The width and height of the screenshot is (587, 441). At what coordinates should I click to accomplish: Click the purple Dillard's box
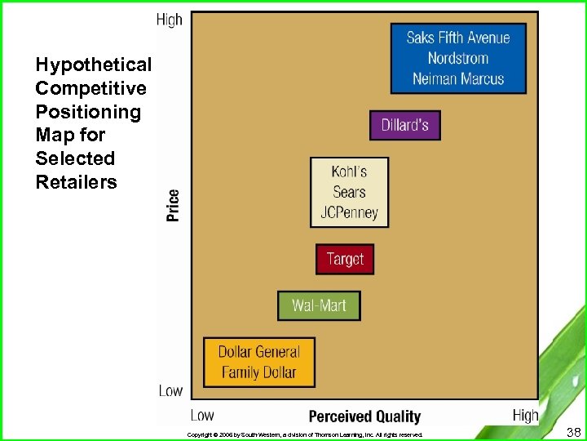(405, 126)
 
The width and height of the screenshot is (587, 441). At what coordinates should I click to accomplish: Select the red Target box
(345, 259)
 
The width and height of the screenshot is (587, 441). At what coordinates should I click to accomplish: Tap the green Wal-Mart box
(319, 305)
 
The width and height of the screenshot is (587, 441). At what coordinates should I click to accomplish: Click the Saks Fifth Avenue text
(457, 38)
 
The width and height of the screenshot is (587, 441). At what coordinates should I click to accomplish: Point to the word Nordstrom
(457, 58)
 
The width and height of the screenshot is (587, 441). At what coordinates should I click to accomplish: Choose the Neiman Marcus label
(457, 79)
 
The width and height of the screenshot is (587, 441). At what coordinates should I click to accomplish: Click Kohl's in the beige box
(349, 171)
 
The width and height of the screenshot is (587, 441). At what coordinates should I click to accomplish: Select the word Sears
(349, 193)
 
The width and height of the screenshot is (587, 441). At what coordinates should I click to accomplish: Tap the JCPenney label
(349, 213)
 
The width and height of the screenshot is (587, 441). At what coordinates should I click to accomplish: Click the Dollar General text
(258, 352)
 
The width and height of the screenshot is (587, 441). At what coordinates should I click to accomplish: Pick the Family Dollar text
(258, 372)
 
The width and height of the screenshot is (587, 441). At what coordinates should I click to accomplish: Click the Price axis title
(173, 205)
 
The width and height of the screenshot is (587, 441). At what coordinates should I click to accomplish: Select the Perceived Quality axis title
(364, 416)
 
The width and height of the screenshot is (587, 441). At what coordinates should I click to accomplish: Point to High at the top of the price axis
(169, 20)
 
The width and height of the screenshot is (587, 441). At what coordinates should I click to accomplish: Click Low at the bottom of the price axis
(170, 390)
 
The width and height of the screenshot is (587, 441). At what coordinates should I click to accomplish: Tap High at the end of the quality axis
(525, 416)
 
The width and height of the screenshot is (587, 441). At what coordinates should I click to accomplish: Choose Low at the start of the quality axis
(202, 416)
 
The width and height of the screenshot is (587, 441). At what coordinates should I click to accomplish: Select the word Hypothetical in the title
(93, 65)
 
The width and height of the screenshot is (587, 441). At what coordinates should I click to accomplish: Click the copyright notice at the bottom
(305, 434)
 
